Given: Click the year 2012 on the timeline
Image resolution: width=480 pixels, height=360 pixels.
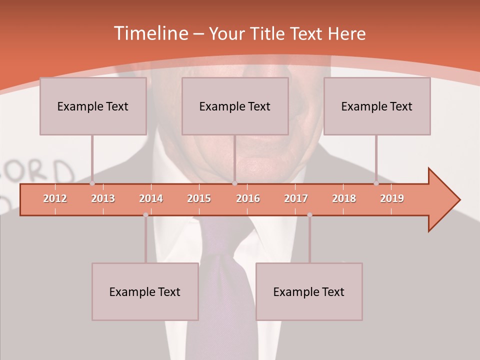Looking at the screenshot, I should tap(55, 198).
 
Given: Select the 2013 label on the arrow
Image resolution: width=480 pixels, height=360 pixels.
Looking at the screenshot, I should tap(103, 198).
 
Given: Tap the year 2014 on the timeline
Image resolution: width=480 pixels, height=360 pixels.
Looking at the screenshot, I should tap(151, 198).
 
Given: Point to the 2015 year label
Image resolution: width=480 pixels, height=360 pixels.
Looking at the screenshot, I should tap(199, 198).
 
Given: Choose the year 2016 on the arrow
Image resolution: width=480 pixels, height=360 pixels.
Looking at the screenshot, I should tap(248, 198).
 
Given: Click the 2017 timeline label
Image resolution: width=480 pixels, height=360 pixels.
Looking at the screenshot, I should tap(296, 198).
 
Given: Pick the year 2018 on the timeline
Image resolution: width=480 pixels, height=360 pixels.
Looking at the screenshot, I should tap(344, 198).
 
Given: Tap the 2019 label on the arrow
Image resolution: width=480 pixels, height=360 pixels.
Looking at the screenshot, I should tap(392, 198).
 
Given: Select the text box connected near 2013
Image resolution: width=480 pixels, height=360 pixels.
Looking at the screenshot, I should tap(93, 106).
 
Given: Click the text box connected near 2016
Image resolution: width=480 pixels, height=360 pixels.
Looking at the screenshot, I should tap(235, 106).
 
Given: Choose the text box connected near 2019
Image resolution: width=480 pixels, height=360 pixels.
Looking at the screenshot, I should tap(377, 106).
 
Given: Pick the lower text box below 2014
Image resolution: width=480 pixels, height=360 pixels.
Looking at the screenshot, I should tap(145, 291).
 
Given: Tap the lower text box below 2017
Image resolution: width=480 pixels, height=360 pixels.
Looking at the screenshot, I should tap(309, 291).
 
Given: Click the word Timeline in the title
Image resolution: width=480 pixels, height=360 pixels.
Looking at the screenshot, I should tap(149, 33).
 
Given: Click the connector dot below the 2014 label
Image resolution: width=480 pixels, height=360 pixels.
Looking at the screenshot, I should tap(145, 215).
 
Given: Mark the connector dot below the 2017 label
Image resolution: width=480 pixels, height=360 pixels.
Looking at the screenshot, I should tap(309, 215).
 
